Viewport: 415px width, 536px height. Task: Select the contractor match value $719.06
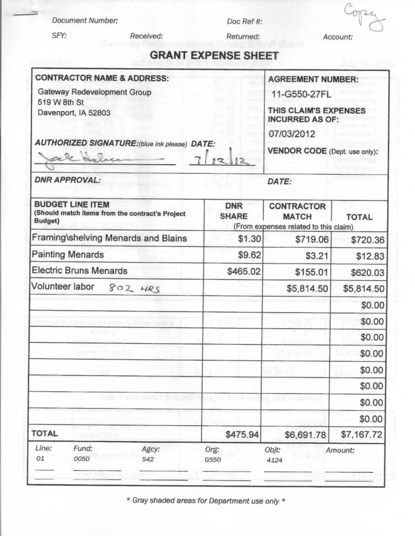(x=311, y=239)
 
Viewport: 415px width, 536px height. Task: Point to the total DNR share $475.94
(x=242, y=434)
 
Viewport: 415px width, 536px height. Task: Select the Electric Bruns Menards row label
(x=79, y=270)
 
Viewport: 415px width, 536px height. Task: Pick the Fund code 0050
(x=80, y=459)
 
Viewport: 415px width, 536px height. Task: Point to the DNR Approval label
(x=68, y=180)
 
